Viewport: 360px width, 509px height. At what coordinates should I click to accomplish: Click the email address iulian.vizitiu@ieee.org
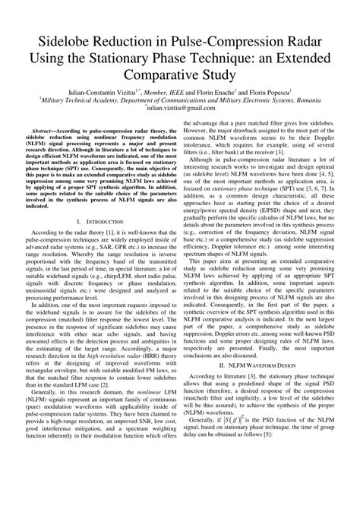(x=182, y=109)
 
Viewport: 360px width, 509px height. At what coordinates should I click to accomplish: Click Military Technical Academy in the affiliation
(x=52, y=100)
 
